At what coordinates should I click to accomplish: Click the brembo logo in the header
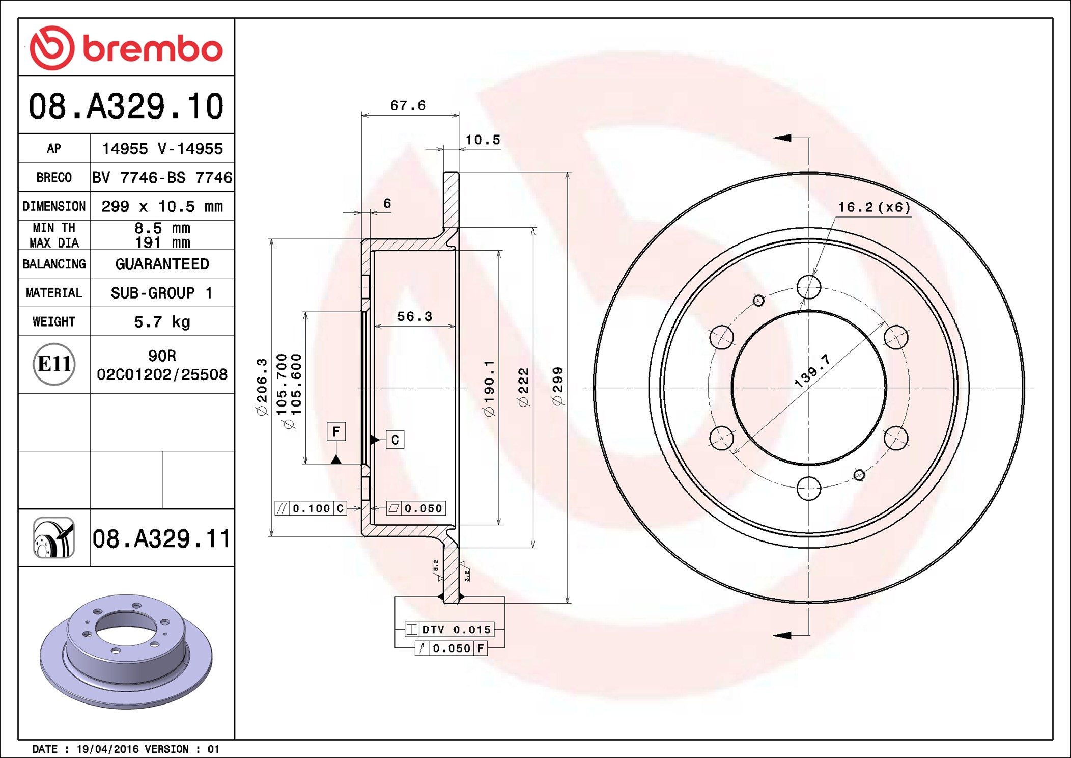[126, 48]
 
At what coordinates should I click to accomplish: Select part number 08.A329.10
[126, 106]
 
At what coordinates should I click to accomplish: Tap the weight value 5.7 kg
[162, 322]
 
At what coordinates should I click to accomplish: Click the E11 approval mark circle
[54, 364]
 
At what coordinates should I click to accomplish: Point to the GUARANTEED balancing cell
[162, 264]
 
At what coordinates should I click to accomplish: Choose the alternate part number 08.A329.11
[161, 538]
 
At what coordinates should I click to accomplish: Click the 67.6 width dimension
[408, 105]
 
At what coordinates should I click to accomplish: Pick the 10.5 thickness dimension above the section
[483, 140]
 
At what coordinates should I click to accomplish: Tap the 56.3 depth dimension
[414, 316]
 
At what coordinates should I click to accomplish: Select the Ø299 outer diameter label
[558, 386]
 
